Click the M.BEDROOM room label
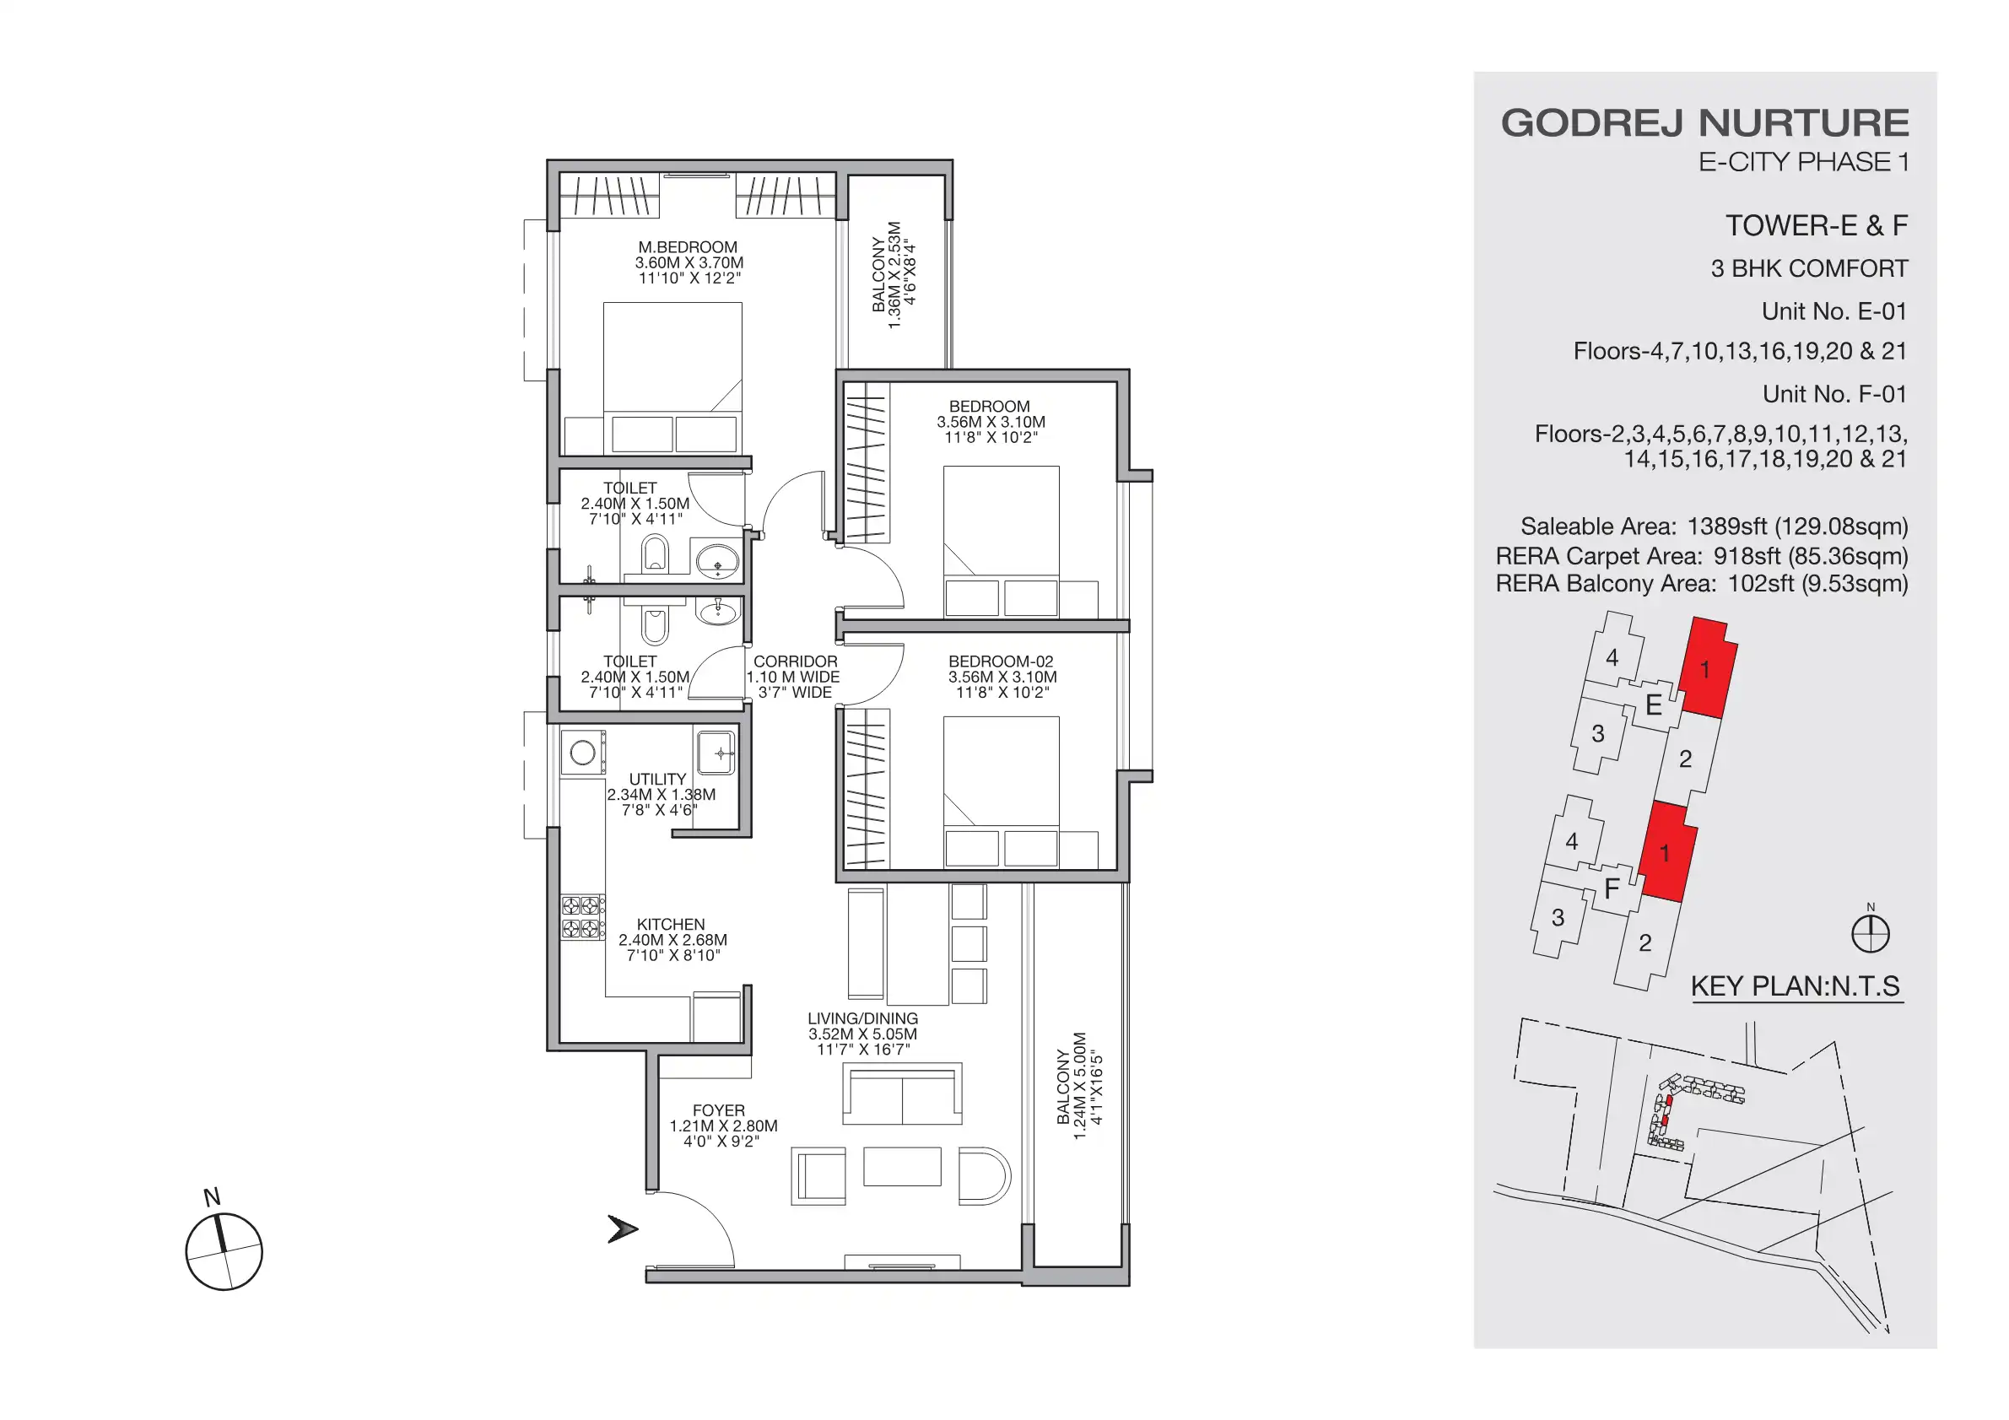(688, 247)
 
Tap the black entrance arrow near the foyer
(622, 1228)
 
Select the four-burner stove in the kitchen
(583, 916)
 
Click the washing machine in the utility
(583, 753)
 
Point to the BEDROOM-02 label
(1001, 661)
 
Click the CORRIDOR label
(795, 661)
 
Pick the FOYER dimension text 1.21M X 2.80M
(723, 1126)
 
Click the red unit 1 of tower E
(1707, 669)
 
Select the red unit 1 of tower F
(1667, 852)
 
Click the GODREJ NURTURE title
(1704, 123)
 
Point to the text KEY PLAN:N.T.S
(1796, 986)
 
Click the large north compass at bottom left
(224, 1251)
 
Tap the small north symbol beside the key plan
(1871, 933)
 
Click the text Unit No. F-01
(1834, 394)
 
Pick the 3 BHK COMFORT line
(1809, 268)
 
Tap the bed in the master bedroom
(672, 368)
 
